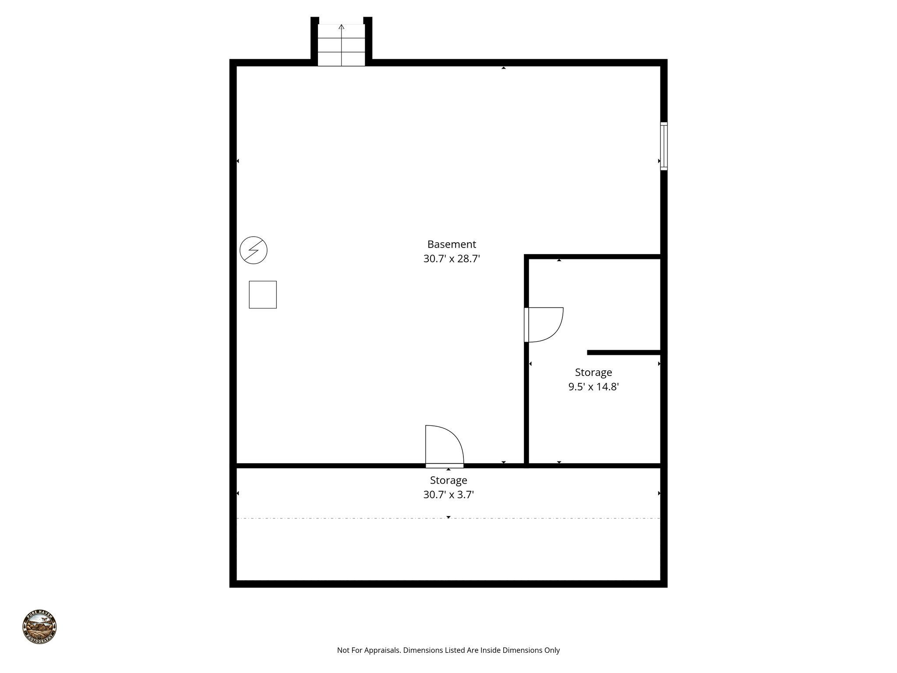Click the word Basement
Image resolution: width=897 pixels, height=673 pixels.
452,244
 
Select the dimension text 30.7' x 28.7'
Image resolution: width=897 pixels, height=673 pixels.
452,259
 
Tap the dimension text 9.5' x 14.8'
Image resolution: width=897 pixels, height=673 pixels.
593,387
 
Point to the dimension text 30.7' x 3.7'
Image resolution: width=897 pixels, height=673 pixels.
448,495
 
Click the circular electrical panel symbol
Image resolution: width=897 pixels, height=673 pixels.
254,251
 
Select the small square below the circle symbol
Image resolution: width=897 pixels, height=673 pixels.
263,294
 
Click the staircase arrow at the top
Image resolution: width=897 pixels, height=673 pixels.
342,27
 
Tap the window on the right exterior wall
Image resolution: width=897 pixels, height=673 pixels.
664,146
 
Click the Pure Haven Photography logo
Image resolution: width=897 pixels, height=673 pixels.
39,626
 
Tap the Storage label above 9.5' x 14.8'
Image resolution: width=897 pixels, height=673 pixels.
593,372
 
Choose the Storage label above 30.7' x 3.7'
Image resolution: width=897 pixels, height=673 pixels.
448,480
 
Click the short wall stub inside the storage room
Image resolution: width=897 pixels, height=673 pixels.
624,352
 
